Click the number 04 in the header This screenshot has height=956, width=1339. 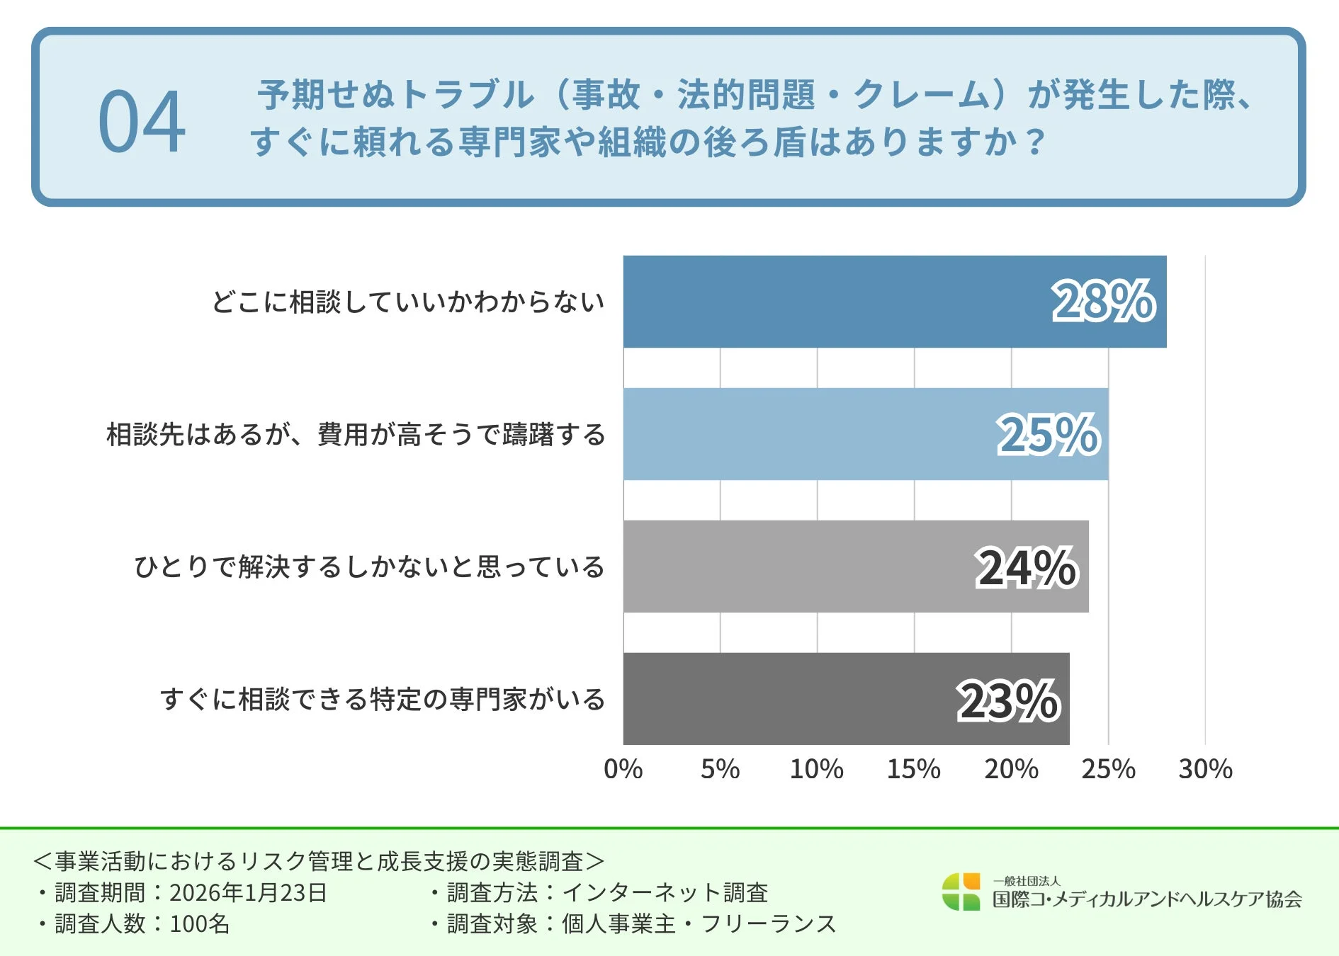pyautogui.click(x=142, y=122)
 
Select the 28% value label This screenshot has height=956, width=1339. pyautogui.click(x=1103, y=302)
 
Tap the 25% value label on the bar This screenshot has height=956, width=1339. pyautogui.click(x=1048, y=434)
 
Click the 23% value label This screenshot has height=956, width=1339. pyautogui.click(x=1007, y=700)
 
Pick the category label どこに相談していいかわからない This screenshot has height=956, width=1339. pyautogui.click(x=407, y=302)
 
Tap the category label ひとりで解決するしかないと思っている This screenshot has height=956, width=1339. pyautogui.click(x=369, y=567)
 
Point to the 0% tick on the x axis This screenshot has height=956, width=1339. pyautogui.click(x=623, y=769)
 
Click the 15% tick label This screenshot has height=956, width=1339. pyautogui.click(x=913, y=769)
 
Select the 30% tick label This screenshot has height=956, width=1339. pyautogui.click(x=1205, y=769)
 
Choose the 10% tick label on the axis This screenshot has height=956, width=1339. pyautogui.click(x=816, y=769)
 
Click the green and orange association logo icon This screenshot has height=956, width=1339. pyautogui.click(x=961, y=892)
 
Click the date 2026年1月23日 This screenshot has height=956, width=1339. pyautogui.click(x=248, y=892)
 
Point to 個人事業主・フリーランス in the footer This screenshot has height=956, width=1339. pyautogui.click(x=699, y=923)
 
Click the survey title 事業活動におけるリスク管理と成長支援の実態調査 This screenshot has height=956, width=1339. pyautogui.click(x=319, y=861)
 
